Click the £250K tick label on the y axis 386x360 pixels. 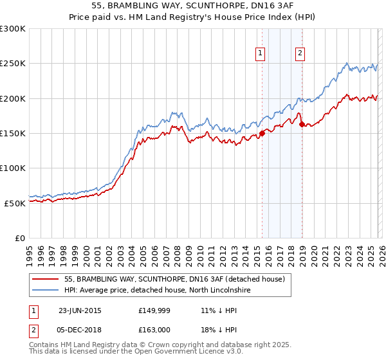pos(12,64)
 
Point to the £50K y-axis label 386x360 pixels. pos(15,203)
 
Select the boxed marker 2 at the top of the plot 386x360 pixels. pos(300,53)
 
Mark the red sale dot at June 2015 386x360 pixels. pos(262,134)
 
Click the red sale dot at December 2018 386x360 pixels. pos(301,125)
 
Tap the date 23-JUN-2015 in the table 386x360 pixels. pos(80,310)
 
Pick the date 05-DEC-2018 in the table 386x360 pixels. pos(80,329)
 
